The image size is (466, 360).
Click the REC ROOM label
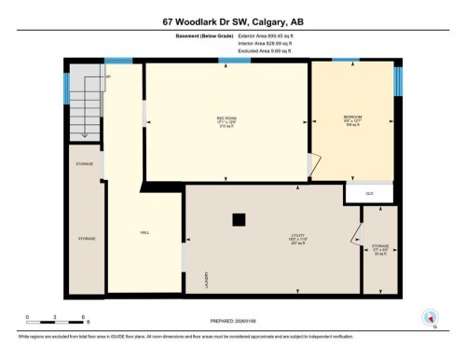click(226, 118)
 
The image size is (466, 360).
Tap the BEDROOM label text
click(352, 117)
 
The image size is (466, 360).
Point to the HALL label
click(144, 232)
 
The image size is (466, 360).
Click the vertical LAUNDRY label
click(206, 280)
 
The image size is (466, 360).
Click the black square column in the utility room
click(240, 220)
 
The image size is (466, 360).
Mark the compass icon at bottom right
click(431, 317)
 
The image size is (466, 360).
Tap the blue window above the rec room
click(227, 61)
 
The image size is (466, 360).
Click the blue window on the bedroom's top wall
click(345, 61)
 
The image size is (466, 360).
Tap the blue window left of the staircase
click(66, 89)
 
